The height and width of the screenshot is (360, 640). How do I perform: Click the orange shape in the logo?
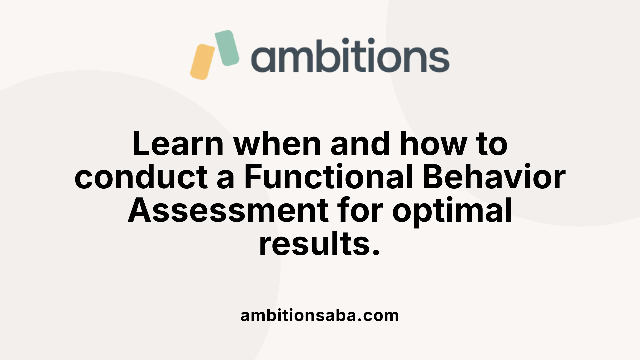203,62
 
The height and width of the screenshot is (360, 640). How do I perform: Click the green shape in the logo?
227,48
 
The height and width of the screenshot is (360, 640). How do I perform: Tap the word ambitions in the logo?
350,55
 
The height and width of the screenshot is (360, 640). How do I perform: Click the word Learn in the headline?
178,144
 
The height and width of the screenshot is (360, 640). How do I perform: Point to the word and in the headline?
360,144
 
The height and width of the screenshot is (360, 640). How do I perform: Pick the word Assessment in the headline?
228,210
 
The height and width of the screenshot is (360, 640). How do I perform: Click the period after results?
376,253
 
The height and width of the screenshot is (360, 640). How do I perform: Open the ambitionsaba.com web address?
320,316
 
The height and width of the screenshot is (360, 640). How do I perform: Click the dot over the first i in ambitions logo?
345,41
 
